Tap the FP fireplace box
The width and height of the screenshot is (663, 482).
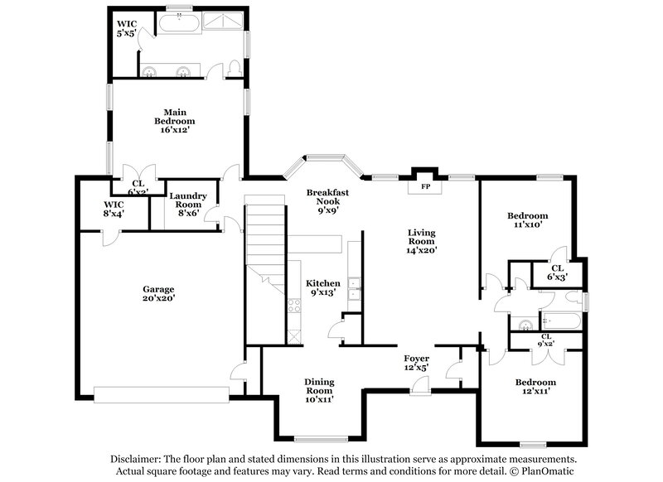point(427,187)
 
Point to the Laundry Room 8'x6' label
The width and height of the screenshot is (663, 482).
point(186,204)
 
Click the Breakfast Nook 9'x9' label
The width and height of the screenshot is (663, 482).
point(327,200)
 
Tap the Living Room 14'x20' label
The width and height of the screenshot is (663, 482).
point(422,241)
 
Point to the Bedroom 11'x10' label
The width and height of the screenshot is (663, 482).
point(528,220)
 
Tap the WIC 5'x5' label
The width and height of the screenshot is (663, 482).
point(128,28)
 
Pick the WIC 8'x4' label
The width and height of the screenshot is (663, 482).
point(114,209)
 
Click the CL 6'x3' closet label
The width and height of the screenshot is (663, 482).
point(556,272)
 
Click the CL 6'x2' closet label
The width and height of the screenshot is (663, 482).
point(138,188)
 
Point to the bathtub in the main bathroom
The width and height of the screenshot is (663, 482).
point(178,22)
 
